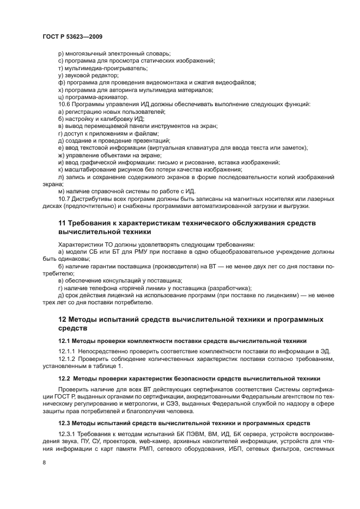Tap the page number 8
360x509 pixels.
point(45,462)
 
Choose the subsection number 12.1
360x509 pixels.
point(65,340)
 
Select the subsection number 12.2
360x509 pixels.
point(65,378)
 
